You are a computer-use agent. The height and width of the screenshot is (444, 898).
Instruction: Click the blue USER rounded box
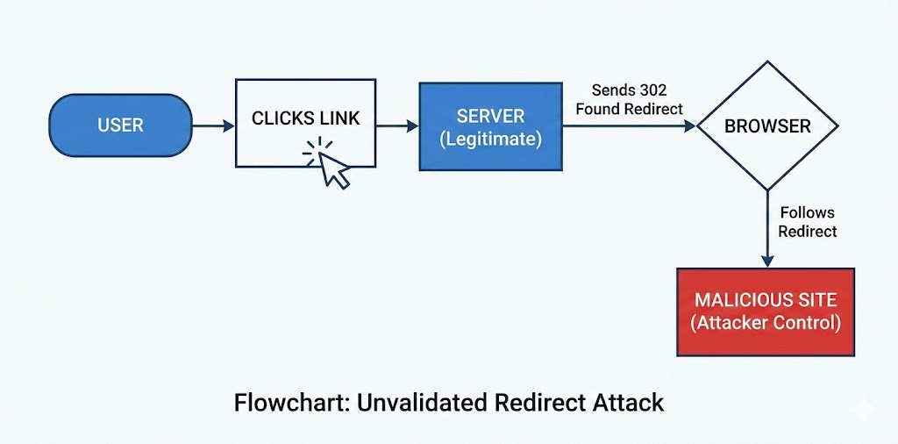point(121,125)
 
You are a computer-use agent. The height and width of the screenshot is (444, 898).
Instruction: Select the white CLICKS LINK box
point(305,123)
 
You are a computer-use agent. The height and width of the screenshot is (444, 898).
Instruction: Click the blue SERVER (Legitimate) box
point(490,126)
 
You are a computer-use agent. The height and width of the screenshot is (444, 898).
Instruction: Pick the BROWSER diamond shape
point(766,125)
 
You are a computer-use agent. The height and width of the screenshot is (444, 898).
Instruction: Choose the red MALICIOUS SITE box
point(766,312)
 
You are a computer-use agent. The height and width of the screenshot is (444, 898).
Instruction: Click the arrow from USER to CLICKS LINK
point(213,126)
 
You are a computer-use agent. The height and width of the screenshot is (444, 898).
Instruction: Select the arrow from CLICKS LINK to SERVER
point(397,126)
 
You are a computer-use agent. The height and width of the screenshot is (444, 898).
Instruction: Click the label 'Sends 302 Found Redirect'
point(630,99)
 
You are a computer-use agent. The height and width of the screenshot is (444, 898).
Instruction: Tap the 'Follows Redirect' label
point(807,222)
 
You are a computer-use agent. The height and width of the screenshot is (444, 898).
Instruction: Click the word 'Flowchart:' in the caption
point(281,403)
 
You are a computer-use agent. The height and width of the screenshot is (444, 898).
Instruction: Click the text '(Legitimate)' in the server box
point(490,139)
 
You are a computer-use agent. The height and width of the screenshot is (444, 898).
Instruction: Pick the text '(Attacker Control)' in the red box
point(766,323)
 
